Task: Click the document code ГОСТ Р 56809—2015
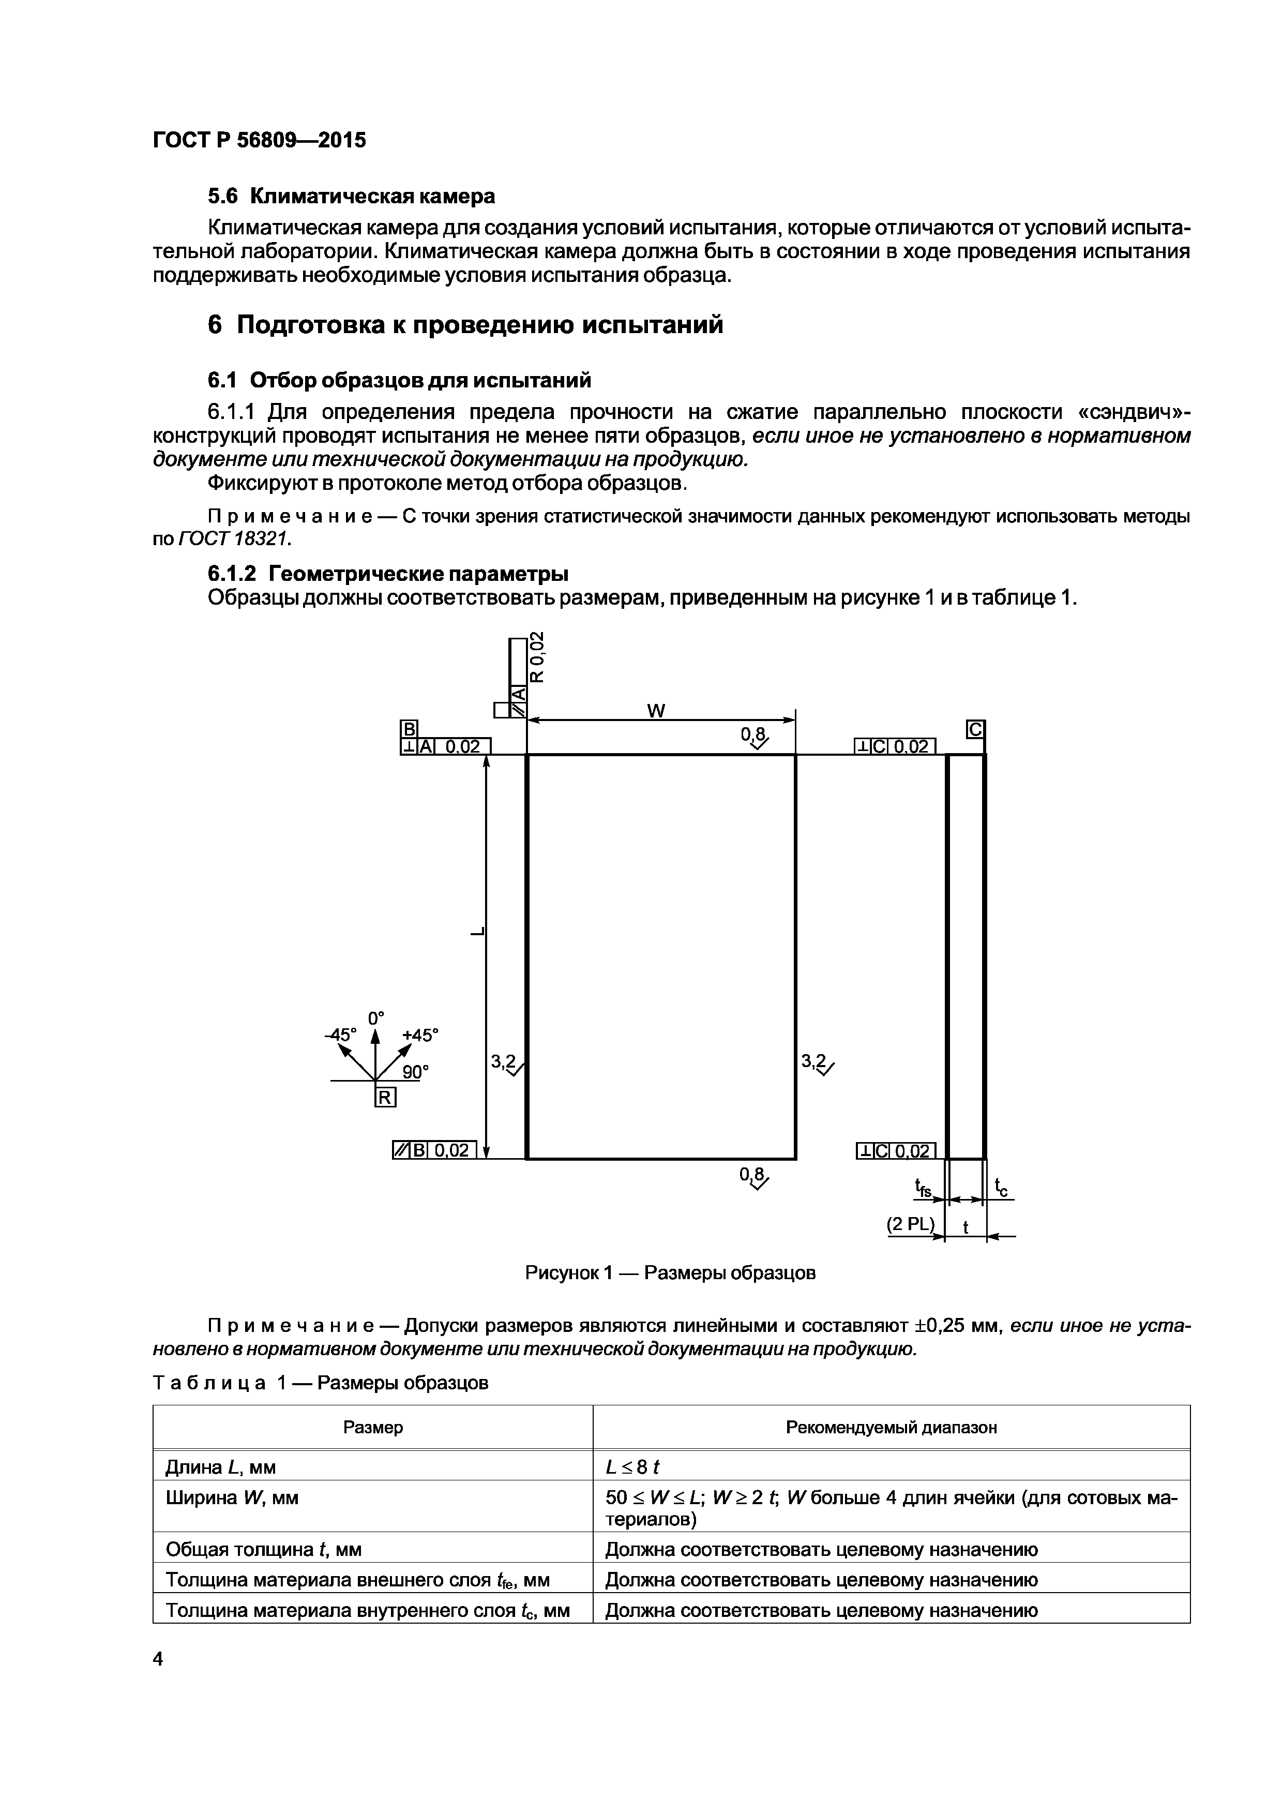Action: coord(259,141)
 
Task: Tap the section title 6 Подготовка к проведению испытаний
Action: coord(465,325)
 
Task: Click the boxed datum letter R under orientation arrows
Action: coord(385,1098)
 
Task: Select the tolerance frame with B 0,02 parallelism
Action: coord(434,1150)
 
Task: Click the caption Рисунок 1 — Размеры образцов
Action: coord(670,1273)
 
